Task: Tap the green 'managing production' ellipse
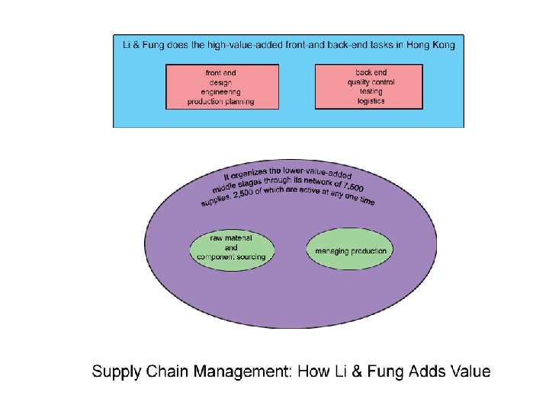(351, 251)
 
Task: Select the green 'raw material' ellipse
(231, 247)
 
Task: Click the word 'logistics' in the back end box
(371, 100)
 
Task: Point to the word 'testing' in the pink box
(371, 91)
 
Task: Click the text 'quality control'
(371, 81)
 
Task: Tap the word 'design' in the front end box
(220, 82)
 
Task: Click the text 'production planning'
(220, 101)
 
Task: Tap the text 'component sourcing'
(231, 257)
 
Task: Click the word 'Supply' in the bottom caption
(115, 372)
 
